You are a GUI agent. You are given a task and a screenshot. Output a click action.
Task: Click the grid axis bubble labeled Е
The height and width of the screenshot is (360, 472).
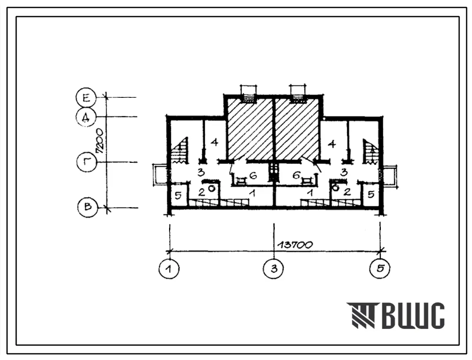pyautogui.click(x=86, y=97)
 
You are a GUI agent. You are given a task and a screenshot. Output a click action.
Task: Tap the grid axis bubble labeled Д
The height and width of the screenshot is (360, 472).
pyautogui.click(x=86, y=117)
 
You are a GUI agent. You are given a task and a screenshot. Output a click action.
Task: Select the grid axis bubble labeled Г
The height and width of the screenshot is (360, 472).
pyautogui.click(x=87, y=162)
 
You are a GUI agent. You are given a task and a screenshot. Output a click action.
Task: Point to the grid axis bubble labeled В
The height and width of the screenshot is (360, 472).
pyautogui.click(x=87, y=207)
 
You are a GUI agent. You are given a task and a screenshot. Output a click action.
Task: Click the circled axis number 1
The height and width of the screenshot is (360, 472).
pyautogui.click(x=169, y=268)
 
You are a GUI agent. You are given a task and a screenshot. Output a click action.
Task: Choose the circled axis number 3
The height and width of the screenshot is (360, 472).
pyautogui.click(x=274, y=268)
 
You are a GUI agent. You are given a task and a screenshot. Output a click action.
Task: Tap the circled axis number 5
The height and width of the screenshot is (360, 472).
pyautogui.click(x=380, y=268)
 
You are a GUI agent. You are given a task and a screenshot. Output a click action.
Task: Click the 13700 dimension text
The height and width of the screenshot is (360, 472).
pyautogui.click(x=295, y=245)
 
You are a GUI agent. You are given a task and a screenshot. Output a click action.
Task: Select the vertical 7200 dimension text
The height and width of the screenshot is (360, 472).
pyautogui.click(x=99, y=141)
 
